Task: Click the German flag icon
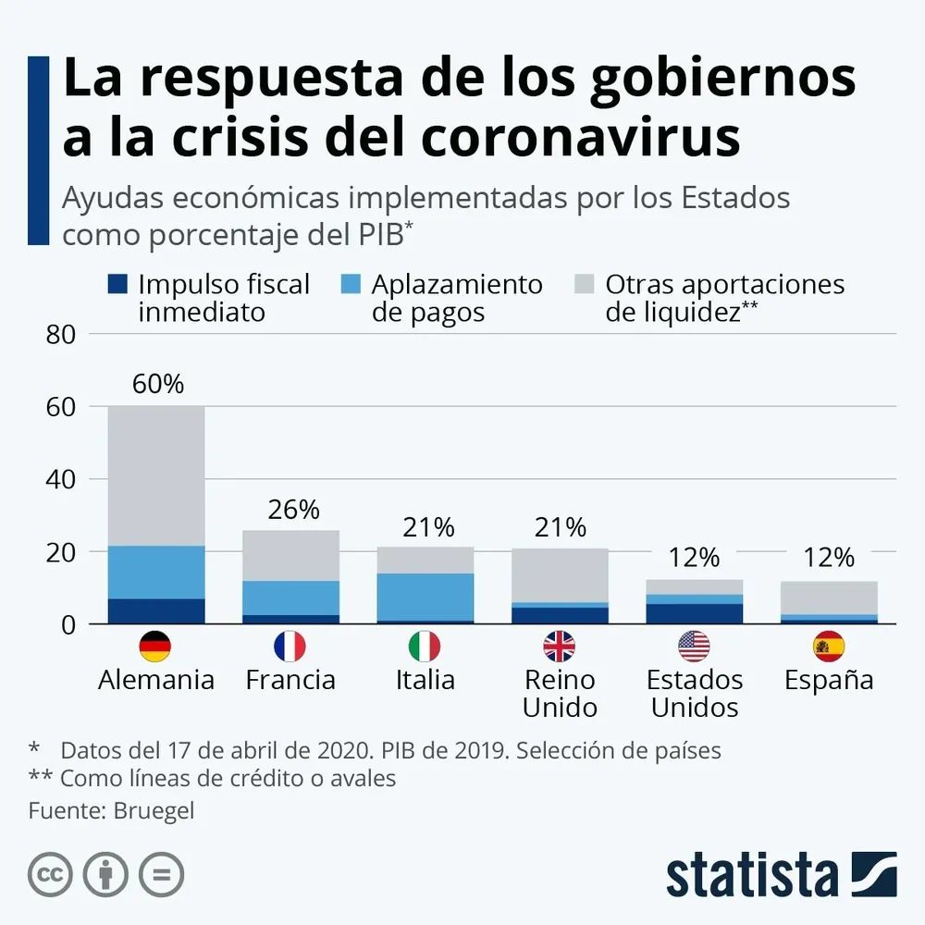tap(155, 646)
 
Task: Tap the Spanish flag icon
tap(829, 646)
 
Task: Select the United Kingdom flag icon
tap(559, 646)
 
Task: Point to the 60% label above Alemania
tap(156, 384)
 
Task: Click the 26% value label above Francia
tap(291, 509)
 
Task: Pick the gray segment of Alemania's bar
tap(156, 475)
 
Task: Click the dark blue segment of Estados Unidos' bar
tap(694, 614)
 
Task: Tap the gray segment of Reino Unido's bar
tap(559, 575)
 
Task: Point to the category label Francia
tap(290, 681)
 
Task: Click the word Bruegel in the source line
tap(154, 811)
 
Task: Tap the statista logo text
tap(751, 875)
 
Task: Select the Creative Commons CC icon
tap(51, 874)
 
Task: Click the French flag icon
tap(290, 646)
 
